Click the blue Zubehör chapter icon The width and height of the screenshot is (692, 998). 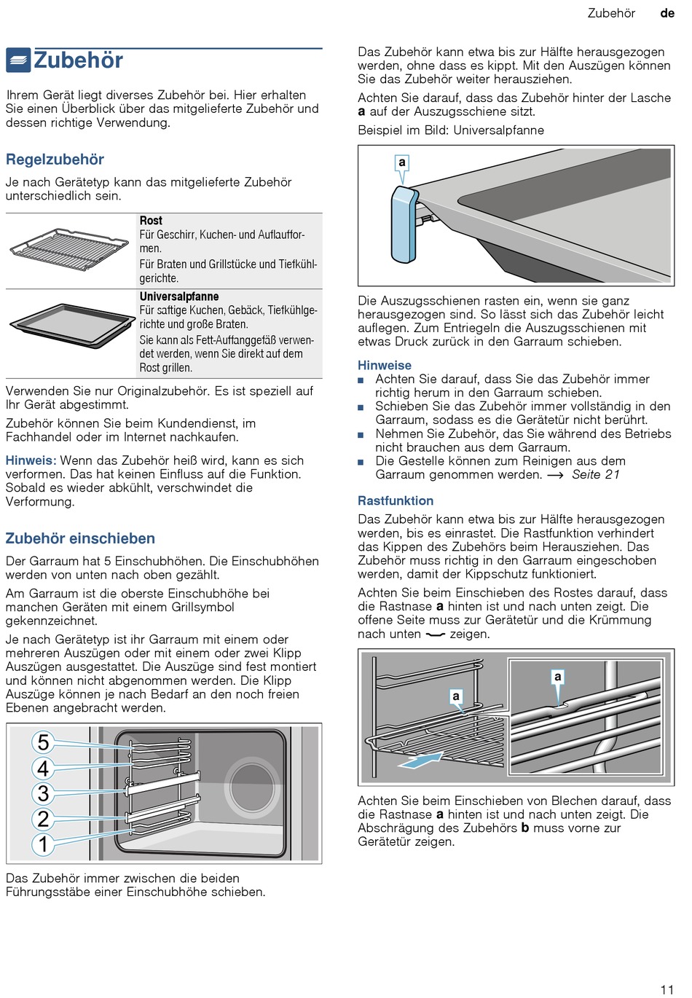(x=18, y=60)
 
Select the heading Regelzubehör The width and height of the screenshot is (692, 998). (x=55, y=160)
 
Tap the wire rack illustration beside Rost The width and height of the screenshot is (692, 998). (x=68, y=249)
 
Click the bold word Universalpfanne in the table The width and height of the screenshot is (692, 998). (x=179, y=296)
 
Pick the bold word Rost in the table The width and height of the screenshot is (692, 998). (x=151, y=221)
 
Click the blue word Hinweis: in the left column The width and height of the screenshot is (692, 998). (x=31, y=460)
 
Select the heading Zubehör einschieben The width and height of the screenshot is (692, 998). (x=80, y=538)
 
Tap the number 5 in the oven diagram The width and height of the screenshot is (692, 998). (x=43, y=742)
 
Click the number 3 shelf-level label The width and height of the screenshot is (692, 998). (x=43, y=793)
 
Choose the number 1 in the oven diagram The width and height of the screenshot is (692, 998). (x=43, y=844)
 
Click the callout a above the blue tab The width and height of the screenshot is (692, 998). (x=401, y=162)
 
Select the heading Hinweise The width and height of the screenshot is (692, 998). (x=385, y=365)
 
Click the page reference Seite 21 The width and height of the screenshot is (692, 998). (x=596, y=475)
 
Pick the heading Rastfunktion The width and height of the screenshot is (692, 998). (x=396, y=500)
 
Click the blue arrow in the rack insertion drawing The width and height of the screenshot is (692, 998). (x=420, y=761)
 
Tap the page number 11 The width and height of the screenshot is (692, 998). (x=667, y=989)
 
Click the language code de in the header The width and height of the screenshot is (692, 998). (x=667, y=13)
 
